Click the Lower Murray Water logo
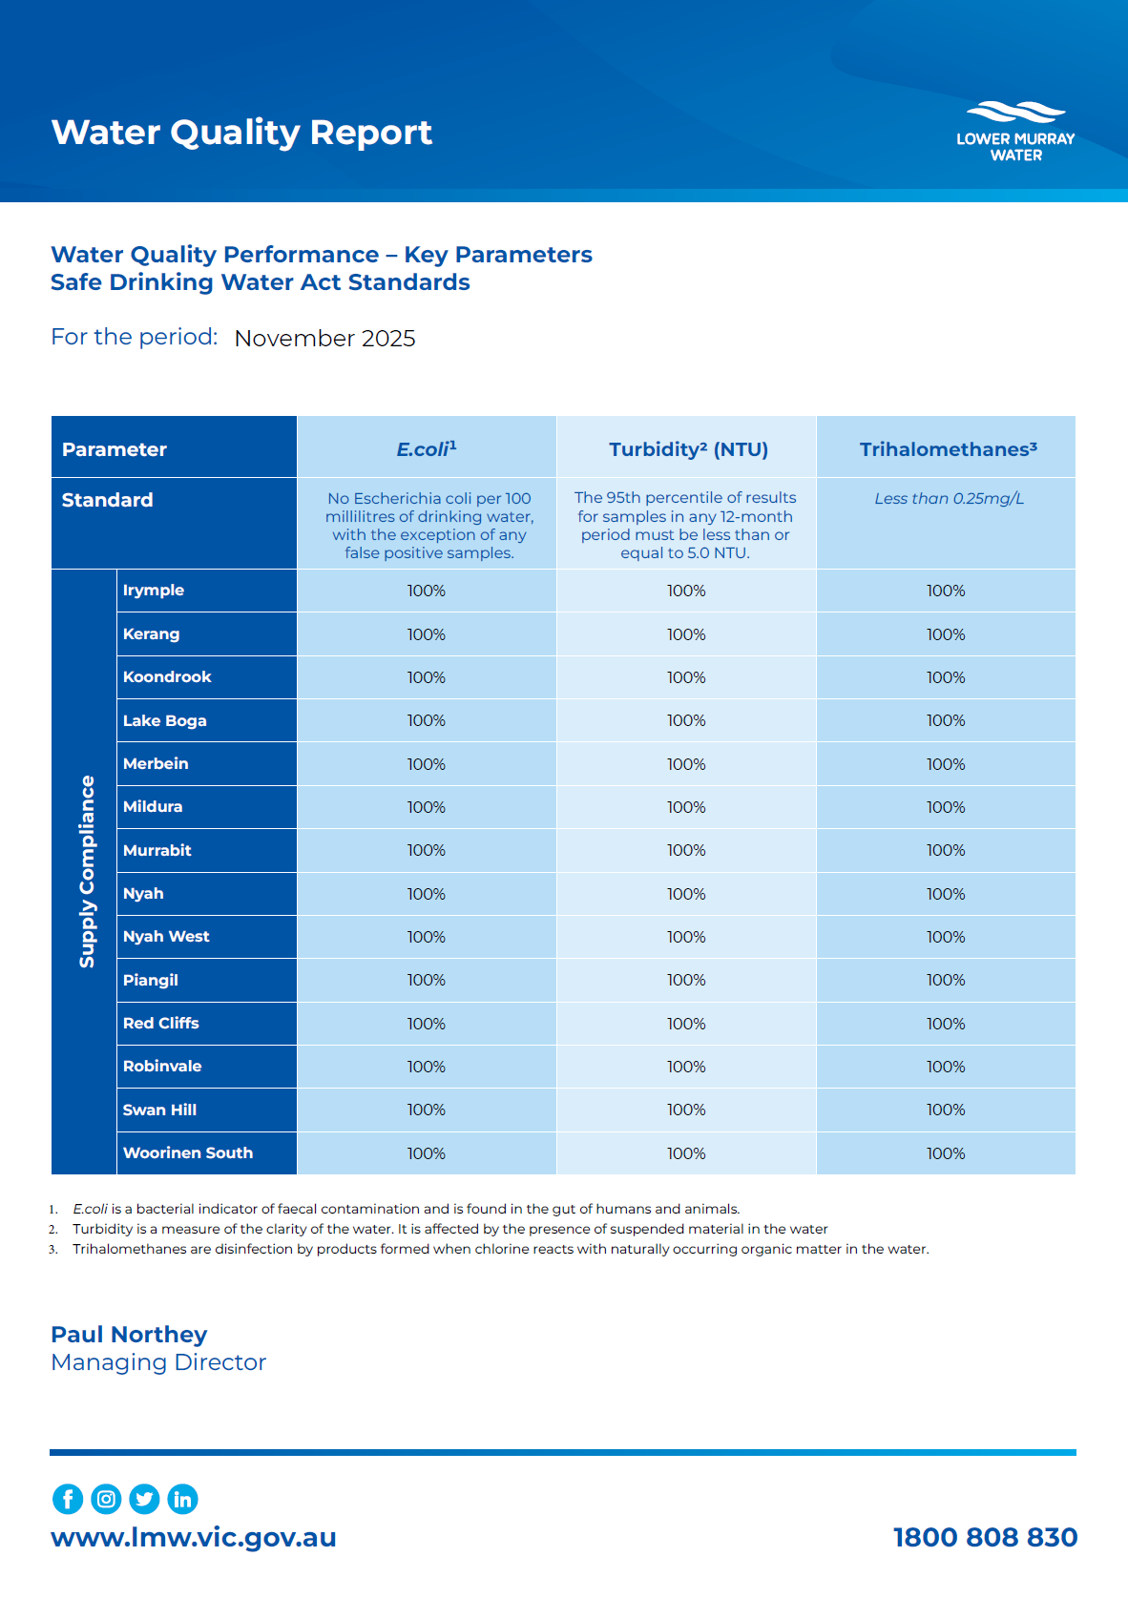(x=1015, y=132)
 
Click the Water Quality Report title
(x=241, y=133)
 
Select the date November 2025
(x=324, y=339)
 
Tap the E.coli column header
(x=427, y=448)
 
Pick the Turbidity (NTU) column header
(x=688, y=449)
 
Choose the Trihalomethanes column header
(x=948, y=449)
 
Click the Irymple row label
(x=154, y=590)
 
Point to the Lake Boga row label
(x=164, y=720)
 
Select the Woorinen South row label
(x=188, y=1152)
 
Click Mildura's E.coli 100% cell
(x=427, y=807)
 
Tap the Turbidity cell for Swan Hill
(x=686, y=1110)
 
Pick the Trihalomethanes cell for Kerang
(x=946, y=634)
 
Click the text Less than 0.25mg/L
(x=949, y=498)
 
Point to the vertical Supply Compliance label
(x=87, y=871)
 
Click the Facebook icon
(x=68, y=1499)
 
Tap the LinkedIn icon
(x=182, y=1499)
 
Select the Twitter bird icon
(x=144, y=1499)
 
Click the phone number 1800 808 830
(x=985, y=1537)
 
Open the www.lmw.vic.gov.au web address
(x=194, y=1537)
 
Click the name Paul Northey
(x=129, y=1334)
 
